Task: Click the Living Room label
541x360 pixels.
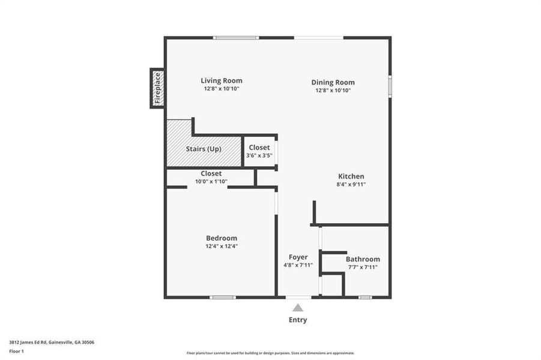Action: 221,80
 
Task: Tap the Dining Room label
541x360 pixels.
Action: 333,82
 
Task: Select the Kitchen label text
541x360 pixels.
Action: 351,176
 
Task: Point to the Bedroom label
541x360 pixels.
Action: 221,238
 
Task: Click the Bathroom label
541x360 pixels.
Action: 362,259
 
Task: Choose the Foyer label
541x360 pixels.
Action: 298,257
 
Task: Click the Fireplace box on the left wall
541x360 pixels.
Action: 157,88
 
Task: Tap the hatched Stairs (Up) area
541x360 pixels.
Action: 204,148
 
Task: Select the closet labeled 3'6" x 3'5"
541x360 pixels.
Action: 259,151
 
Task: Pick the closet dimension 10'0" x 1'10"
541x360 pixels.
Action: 211,181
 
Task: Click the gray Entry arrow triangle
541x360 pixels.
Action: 298,308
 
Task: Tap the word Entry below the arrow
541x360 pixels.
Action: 298,320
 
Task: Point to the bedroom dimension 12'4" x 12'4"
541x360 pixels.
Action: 221,246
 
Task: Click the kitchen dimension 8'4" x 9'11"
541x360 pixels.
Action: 351,184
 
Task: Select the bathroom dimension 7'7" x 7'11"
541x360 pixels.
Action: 362,267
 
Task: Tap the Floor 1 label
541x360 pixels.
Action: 16,351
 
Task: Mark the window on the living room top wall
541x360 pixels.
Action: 237,38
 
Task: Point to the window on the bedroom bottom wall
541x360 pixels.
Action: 223,297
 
